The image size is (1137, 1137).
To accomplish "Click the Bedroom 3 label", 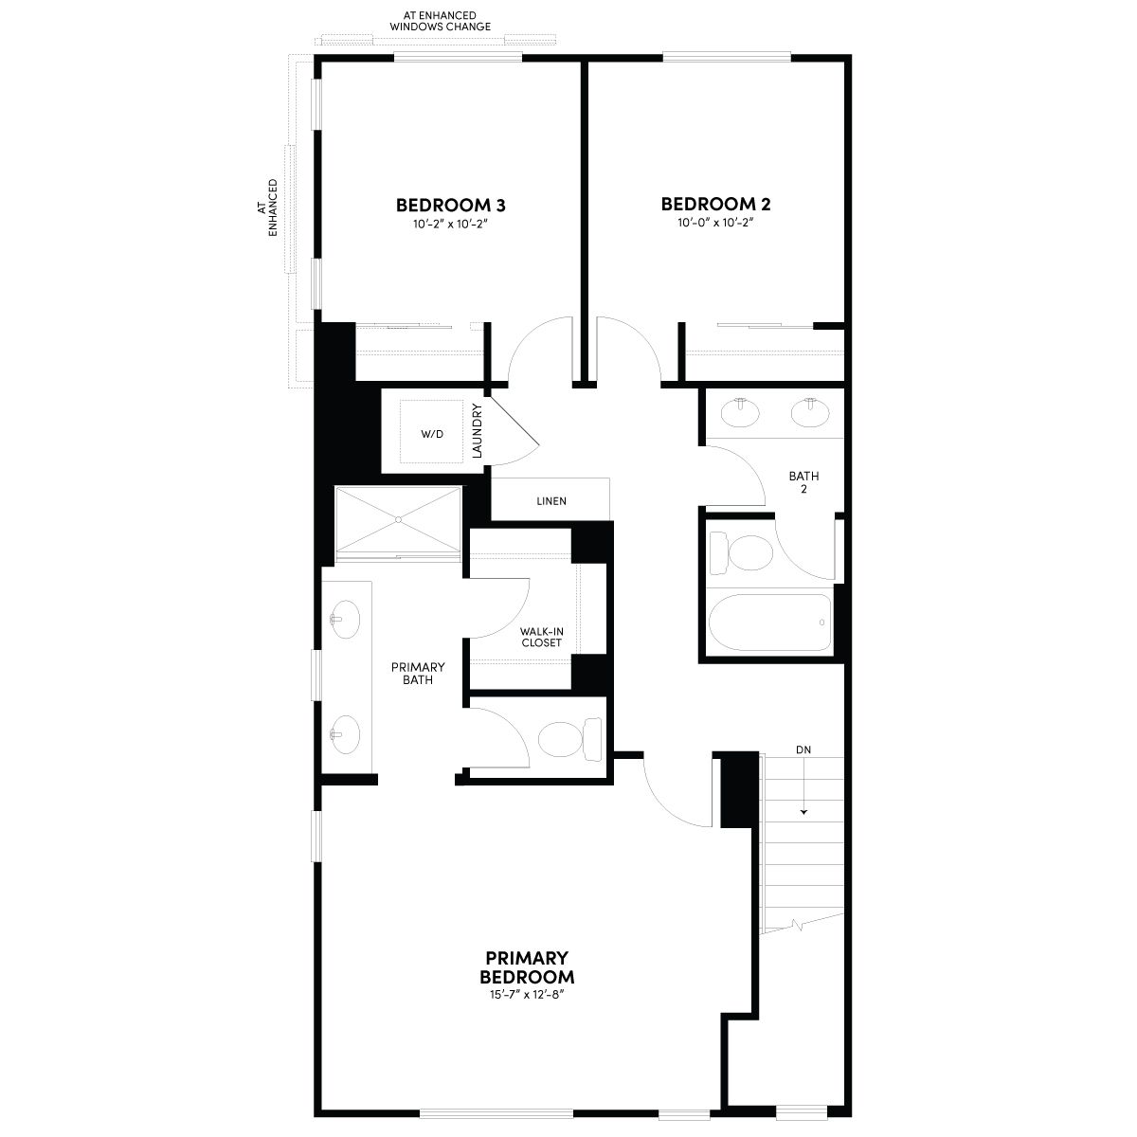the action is [450, 206].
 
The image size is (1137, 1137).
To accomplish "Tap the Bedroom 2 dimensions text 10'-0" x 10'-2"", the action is [715, 223].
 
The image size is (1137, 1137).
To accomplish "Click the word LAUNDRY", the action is [478, 431].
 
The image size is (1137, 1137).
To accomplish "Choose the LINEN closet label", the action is [551, 501].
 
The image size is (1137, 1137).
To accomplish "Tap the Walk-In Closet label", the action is [542, 638].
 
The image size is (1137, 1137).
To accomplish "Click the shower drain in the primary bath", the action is [398, 520].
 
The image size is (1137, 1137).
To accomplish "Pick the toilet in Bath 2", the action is [741, 552].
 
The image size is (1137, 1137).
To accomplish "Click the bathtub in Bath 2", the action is [770, 622].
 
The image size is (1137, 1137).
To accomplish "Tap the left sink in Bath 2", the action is [741, 412].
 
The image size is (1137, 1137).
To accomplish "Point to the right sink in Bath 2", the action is [810, 412].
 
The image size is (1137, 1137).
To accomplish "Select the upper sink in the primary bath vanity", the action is [345, 620].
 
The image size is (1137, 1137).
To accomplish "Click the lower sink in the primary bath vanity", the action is [345, 734].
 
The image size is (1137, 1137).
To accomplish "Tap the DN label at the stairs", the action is [803, 749].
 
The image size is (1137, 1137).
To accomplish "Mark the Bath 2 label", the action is [803, 482].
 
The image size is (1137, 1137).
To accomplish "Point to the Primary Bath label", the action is [418, 674].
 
